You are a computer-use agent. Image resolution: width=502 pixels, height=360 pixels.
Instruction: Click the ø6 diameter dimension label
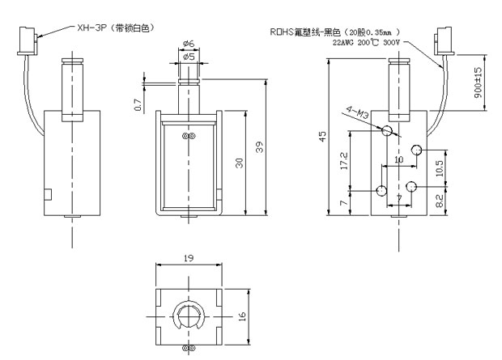click(188, 44)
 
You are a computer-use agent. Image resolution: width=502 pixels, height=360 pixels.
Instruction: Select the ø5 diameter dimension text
click(188, 57)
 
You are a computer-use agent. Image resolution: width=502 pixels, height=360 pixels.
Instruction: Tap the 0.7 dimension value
click(138, 104)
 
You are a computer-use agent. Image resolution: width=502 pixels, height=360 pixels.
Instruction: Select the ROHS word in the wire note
click(283, 32)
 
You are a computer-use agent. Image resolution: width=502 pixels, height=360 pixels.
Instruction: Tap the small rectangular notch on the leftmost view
click(49, 195)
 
